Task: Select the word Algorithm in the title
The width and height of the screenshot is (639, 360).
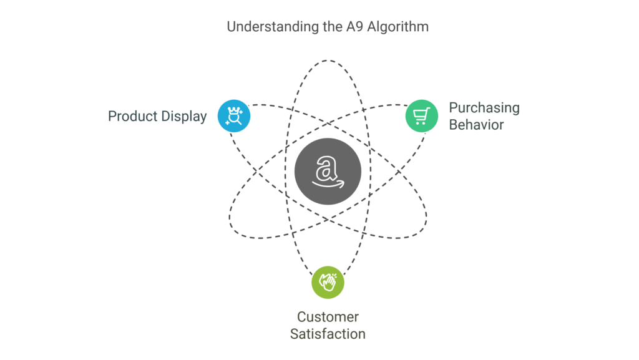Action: coord(398,27)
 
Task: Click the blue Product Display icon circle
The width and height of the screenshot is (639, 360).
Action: coord(234,116)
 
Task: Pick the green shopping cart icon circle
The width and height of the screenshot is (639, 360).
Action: coord(422,116)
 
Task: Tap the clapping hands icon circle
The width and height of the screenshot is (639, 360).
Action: coord(328,282)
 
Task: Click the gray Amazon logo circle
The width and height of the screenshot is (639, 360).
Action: coord(328,172)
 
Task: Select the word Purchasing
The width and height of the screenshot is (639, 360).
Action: coord(484,108)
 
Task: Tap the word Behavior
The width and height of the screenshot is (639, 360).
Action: coord(476,125)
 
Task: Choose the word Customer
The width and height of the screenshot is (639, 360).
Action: coord(328,317)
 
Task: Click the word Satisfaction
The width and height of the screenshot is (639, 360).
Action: coord(328,334)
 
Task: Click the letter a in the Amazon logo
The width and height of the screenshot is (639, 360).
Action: coord(326,168)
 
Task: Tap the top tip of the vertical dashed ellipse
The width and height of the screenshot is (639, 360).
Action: coord(328,61)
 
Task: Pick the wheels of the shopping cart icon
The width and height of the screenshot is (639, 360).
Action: coord(420,122)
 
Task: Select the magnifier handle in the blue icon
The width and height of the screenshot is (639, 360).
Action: coord(239,122)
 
